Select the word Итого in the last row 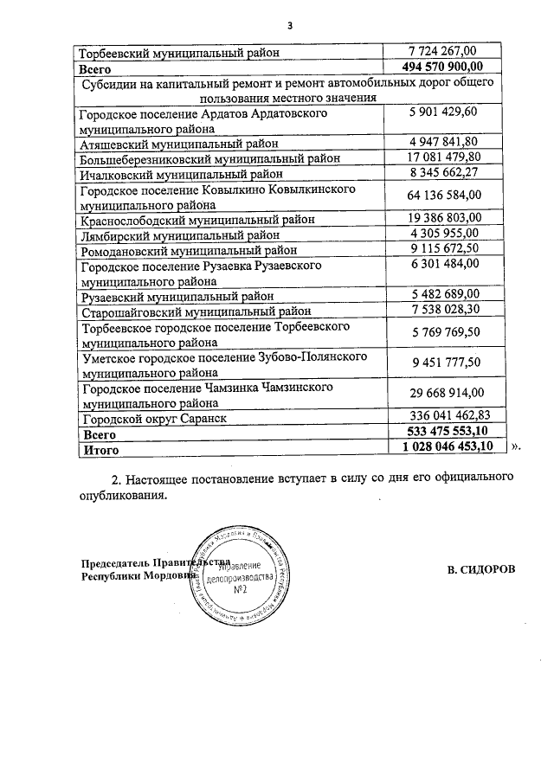pyautogui.click(x=100, y=450)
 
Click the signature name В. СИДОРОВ pyautogui.click(x=481, y=568)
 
